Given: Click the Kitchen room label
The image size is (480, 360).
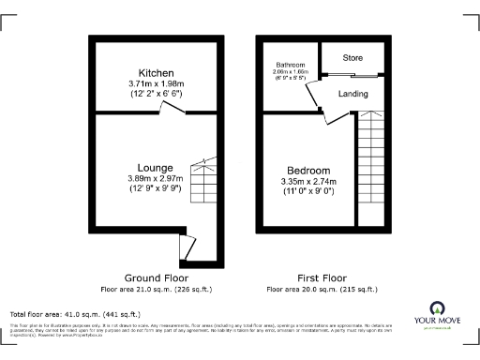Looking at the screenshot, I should tap(155, 73).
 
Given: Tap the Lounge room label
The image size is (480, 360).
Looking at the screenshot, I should tap(155, 168).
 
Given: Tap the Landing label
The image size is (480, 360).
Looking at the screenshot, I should tap(352, 94).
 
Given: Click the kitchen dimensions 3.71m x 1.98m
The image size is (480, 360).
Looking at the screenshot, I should tap(155, 84).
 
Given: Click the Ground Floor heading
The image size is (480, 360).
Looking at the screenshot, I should tap(157, 277).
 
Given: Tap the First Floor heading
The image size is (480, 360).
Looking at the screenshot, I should tap(320, 277).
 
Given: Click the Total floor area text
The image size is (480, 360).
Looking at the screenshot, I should tap(74, 313).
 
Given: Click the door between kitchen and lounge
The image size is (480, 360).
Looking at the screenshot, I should tap(171, 110).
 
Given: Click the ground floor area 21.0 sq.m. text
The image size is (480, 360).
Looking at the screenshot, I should tap(157, 289).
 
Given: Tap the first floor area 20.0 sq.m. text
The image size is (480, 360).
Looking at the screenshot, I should tap(320, 289).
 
